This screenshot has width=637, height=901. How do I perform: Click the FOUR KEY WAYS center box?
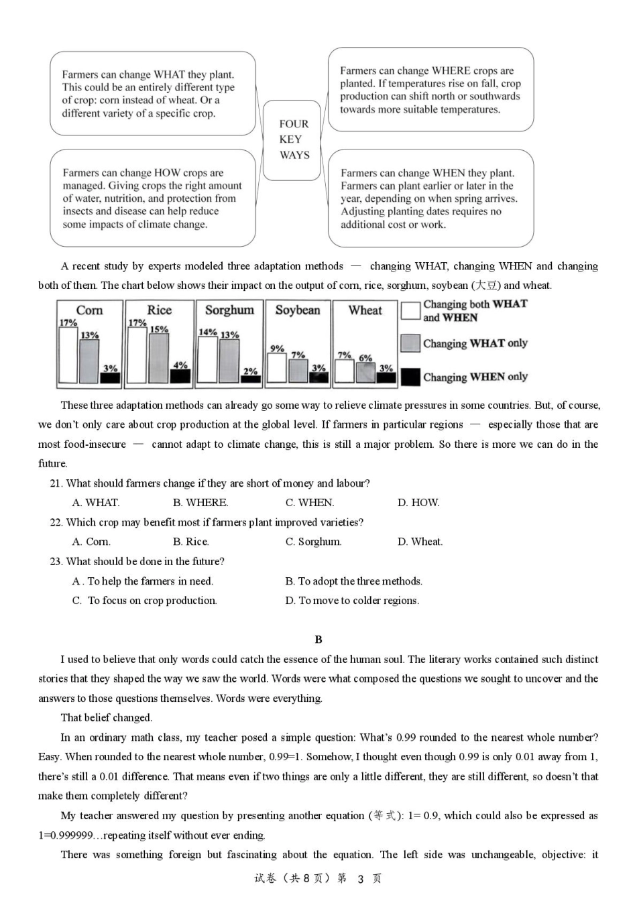pyautogui.click(x=294, y=139)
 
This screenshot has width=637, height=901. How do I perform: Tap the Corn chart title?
pyautogui.click(x=89, y=310)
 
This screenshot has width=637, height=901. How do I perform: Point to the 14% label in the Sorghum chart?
pyautogui.click(x=207, y=332)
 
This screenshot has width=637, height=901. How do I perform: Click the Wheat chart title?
pyautogui.click(x=365, y=310)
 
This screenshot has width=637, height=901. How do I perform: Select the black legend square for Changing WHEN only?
pyautogui.click(x=410, y=377)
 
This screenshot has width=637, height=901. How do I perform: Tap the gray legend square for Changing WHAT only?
pyautogui.click(x=410, y=343)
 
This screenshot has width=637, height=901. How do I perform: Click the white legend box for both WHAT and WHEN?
pyautogui.click(x=410, y=310)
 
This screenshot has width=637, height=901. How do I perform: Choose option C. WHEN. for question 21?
pyautogui.click(x=310, y=503)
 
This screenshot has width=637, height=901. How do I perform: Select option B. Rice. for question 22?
pyautogui.click(x=190, y=542)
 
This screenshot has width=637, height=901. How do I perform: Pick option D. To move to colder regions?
pyautogui.click(x=352, y=601)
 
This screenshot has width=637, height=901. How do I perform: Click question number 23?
pyautogui.click(x=56, y=562)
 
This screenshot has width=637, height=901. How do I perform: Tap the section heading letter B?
pyautogui.click(x=318, y=640)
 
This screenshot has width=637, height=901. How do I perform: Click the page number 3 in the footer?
pyautogui.click(x=360, y=879)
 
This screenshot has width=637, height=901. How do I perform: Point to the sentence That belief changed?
pyautogui.click(x=106, y=718)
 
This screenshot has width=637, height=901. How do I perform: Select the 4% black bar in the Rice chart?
pyautogui.click(x=180, y=375)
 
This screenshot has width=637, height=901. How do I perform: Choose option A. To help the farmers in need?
pyautogui.click(x=143, y=581)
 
